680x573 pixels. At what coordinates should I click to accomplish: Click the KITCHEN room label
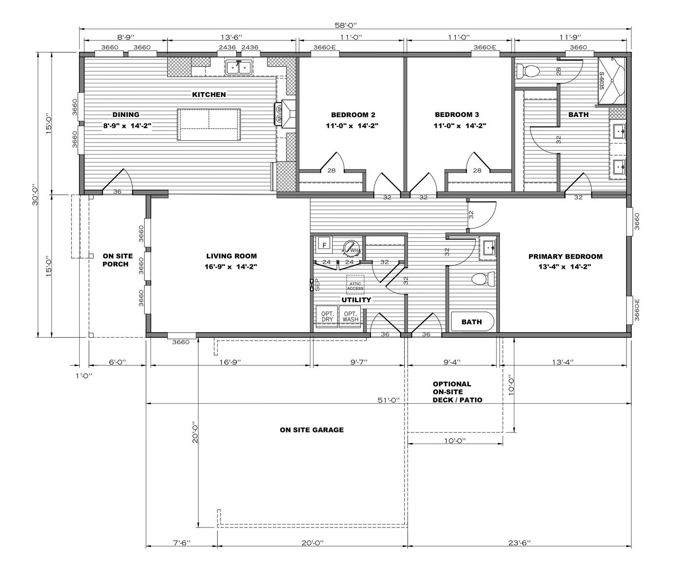(209, 95)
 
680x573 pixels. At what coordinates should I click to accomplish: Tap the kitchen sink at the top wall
(238, 67)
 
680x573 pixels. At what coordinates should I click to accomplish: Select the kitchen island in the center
(209, 125)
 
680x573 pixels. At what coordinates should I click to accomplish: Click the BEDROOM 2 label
(353, 115)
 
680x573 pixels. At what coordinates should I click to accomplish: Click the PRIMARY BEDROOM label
(565, 257)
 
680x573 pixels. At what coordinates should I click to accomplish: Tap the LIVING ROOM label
(231, 256)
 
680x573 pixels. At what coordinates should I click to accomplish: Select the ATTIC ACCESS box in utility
(355, 285)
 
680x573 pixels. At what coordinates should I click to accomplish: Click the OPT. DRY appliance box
(327, 316)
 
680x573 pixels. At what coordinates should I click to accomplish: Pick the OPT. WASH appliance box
(350, 316)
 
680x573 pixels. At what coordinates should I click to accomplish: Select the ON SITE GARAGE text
(311, 430)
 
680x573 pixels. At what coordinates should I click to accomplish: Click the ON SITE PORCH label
(116, 260)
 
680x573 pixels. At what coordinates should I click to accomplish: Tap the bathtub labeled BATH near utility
(472, 322)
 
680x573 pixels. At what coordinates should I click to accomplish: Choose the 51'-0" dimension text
(389, 400)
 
